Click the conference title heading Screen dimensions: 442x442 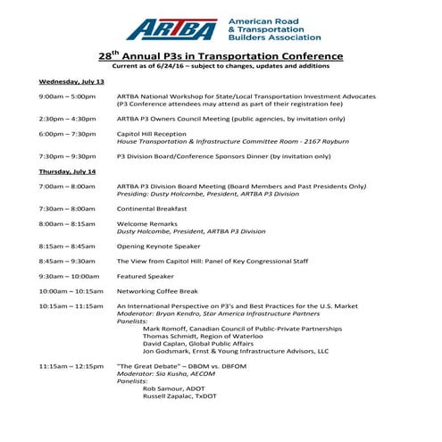click(221, 54)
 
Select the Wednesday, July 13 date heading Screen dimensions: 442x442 click(71, 80)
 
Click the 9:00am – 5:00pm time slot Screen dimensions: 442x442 click(68, 96)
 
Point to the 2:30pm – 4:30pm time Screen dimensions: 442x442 click(68, 118)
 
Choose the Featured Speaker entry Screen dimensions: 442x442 click(146, 276)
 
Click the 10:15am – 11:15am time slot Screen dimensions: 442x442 click(72, 306)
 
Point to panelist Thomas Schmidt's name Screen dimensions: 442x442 click(197, 337)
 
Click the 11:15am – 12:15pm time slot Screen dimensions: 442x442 click(72, 367)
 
